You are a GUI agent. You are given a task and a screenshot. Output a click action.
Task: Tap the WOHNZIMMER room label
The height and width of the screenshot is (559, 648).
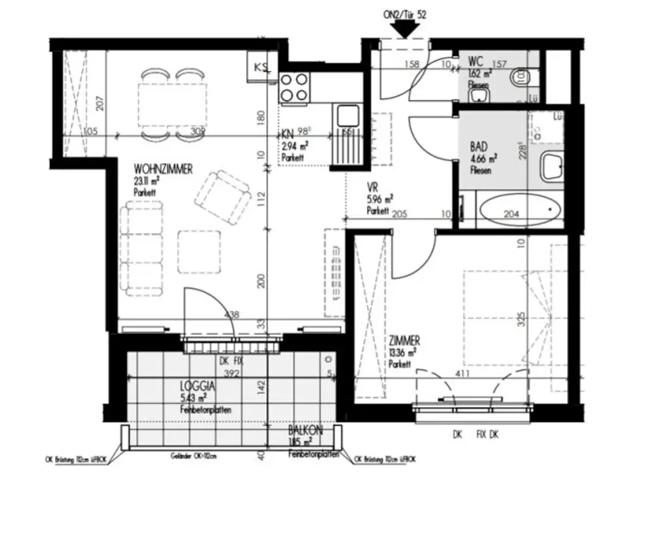click(163, 170)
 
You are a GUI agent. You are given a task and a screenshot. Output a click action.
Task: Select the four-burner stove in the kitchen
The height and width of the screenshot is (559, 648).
click(295, 87)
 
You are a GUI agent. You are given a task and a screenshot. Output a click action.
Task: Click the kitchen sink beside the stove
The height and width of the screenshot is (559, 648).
click(347, 116)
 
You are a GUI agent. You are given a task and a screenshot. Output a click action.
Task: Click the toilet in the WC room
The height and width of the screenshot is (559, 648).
click(521, 77)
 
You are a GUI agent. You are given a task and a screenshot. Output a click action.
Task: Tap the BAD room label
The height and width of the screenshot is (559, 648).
click(478, 146)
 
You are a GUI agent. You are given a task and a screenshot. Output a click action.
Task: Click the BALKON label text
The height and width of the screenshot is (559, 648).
click(306, 430)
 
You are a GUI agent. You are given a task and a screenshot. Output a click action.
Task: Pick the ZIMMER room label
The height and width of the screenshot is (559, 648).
click(404, 342)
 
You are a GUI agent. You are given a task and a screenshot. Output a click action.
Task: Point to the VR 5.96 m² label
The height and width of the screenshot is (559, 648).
click(379, 197)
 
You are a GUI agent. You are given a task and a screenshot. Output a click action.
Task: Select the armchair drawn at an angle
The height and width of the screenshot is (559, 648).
click(221, 197)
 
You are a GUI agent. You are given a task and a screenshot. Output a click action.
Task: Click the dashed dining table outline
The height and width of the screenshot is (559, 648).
click(173, 104)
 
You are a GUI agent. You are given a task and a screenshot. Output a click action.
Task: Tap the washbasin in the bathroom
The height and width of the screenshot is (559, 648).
click(554, 168)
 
